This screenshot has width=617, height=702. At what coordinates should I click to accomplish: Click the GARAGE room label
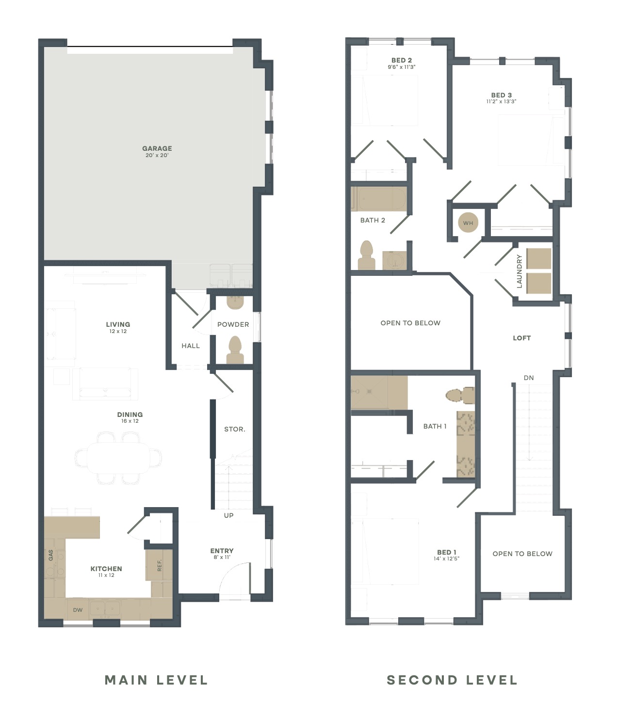157,148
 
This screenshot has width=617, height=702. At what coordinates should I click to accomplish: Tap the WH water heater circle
468,223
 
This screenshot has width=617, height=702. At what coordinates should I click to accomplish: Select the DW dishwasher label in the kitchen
78,610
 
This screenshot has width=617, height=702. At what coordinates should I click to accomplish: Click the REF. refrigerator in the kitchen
159,565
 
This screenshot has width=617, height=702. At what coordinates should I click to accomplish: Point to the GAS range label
51,555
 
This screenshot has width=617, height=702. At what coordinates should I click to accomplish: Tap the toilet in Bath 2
366,255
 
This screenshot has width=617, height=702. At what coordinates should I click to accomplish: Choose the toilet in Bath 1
460,395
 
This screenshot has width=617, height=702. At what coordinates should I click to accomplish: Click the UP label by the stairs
228,515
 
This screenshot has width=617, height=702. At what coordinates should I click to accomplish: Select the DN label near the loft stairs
529,378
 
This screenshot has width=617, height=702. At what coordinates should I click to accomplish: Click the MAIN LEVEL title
156,680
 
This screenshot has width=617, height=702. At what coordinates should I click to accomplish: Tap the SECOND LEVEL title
452,680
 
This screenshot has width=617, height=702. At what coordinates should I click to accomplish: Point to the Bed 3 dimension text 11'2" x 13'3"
501,101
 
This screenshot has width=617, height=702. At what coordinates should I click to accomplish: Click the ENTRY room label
222,551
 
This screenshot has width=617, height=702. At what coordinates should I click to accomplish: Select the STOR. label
235,429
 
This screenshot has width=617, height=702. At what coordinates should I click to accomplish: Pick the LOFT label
521,338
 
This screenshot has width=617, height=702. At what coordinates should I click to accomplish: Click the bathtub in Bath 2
378,199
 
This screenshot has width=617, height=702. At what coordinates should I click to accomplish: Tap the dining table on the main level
118,458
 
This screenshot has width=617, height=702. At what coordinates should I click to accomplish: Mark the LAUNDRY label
519,271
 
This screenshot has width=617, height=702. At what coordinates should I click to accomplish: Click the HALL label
191,346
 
